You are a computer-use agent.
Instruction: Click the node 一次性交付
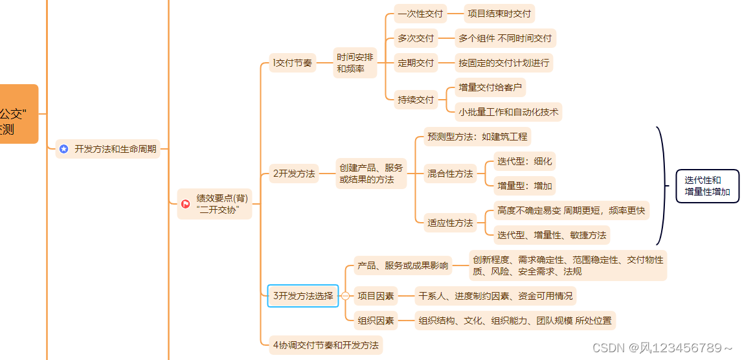[x=416, y=13]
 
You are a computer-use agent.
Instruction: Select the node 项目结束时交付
[x=499, y=13]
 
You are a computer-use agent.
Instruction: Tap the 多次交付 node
[x=416, y=38]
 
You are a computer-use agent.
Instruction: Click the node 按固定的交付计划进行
[x=504, y=63]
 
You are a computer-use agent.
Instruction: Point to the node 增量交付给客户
[x=489, y=87]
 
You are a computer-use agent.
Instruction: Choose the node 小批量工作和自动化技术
[x=508, y=112]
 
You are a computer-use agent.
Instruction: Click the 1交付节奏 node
[x=293, y=63]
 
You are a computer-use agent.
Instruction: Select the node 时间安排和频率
[x=355, y=63]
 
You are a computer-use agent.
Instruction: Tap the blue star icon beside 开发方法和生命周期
[x=63, y=149]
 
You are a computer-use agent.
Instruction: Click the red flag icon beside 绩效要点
[x=185, y=203]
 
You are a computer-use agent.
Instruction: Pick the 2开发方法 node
[x=294, y=174]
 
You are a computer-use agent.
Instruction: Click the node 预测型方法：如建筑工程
[x=477, y=137]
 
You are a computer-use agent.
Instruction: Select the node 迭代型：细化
[x=524, y=161]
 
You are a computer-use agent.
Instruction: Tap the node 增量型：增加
[x=524, y=186]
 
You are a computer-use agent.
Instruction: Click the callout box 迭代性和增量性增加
[x=707, y=186]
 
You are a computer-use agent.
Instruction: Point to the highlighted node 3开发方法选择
[x=302, y=296]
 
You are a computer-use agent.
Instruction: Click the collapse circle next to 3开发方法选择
[x=345, y=296]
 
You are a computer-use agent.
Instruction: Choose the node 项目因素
[x=376, y=296]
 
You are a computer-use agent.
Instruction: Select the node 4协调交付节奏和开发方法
[x=326, y=344]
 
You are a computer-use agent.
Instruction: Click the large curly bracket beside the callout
[x=662, y=186]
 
